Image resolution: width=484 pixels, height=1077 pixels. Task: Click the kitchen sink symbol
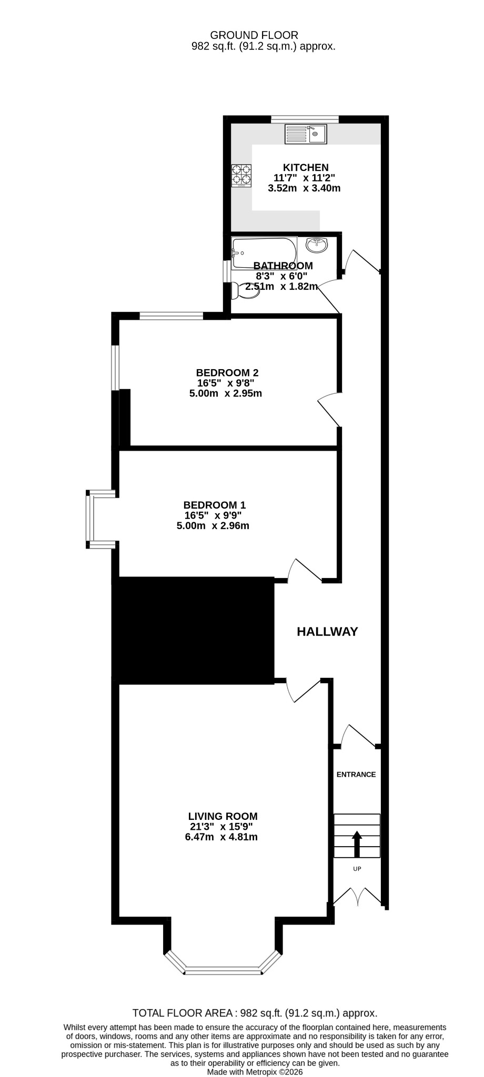pyautogui.click(x=306, y=134)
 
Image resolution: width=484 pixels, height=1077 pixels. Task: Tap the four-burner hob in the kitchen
pyautogui.click(x=241, y=176)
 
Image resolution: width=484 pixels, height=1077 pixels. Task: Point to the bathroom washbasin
pyautogui.click(x=316, y=245)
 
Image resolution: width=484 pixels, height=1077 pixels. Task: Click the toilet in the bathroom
pyautogui.click(x=245, y=290)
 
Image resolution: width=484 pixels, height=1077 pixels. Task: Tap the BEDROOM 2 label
pyautogui.click(x=227, y=373)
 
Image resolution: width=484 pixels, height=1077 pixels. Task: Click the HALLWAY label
pyautogui.click(x=327, y=632)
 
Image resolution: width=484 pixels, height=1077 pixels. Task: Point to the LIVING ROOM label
pyautogui.click(x=223, y=816)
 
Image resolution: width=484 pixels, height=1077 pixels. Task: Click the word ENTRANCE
pyautogui.click(x=356, y=774)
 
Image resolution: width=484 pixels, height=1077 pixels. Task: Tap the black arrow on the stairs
pyautogui.click(x=357, y=844)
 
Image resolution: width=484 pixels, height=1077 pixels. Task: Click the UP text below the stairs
pyautogui.click(x=357, y=869)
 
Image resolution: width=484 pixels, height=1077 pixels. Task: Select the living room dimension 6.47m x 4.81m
pyautogui.click(x=221, y=837)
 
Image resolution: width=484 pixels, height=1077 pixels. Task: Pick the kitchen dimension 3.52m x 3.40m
pyautogui.click(x=304, y=188)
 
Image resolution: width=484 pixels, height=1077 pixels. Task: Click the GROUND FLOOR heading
pyautogui.click(x=254, y=35)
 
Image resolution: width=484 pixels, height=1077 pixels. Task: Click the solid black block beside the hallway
pyautogui.click(x=193, y=631)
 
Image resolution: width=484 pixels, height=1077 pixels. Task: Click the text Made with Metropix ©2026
pyautogui.click(x=255, y=1072)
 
